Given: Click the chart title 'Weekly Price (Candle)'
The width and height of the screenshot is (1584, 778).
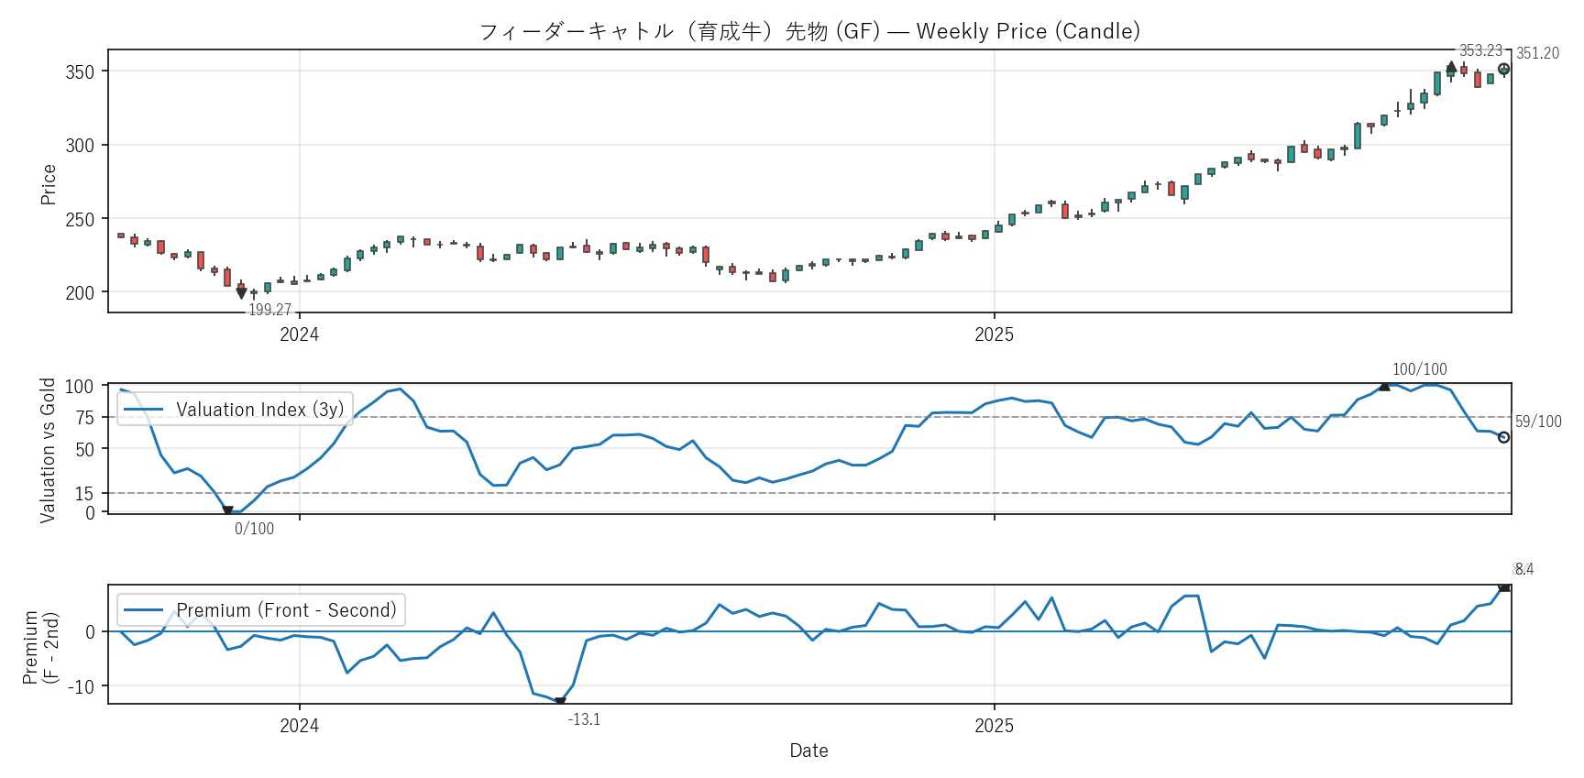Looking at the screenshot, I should click(x=1028, y=31).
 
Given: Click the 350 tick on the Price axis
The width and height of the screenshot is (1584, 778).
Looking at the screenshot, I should click(x=80, y=71).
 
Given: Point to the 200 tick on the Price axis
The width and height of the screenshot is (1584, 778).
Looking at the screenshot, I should click(x=80, y=293).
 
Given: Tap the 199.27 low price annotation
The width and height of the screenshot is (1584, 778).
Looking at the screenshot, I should click(x=269, y=310).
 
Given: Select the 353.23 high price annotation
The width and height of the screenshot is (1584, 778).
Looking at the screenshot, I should click(x=1480, y=50).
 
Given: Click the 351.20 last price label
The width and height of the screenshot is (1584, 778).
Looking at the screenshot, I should click(x=1537, y=53).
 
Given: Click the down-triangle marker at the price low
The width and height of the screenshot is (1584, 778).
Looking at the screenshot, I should click(x=241, y=293).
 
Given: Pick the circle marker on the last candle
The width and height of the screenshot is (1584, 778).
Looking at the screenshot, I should click(x=1503, y=69).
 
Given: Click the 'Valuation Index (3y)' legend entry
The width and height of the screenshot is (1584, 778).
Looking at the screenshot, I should click(x=259, y=410).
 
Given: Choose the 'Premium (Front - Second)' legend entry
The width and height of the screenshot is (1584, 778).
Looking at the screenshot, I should click(x=286, y=610).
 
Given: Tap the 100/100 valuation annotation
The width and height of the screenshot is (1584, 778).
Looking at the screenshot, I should click(x=1419, y=369).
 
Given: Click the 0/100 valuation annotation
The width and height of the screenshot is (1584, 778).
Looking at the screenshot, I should click(x=254, y=529).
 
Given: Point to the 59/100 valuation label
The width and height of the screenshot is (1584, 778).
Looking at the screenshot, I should click(x=1538, y=422).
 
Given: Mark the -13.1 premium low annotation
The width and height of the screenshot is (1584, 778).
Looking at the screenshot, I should click(x=584, y=719).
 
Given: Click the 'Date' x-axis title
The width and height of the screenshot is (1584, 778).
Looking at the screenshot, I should click(x=808, y=751).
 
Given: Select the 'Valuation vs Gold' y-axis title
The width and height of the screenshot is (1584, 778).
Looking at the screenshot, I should click(x=48, y=450).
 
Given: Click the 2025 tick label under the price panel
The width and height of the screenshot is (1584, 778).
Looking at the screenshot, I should click(x=994, y=334).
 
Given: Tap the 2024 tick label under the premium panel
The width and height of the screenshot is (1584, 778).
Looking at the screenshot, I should click(x=299, y=726).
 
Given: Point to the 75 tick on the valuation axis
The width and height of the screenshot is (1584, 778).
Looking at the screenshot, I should click(x=84, y=418).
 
